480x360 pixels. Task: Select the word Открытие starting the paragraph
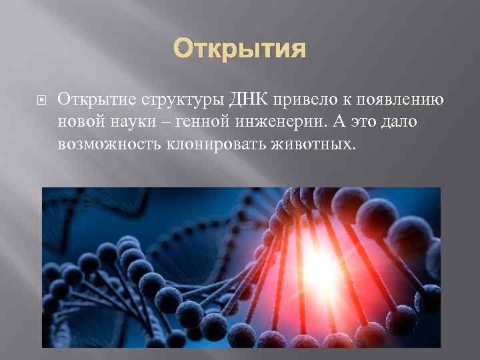click(x=96, y=100)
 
